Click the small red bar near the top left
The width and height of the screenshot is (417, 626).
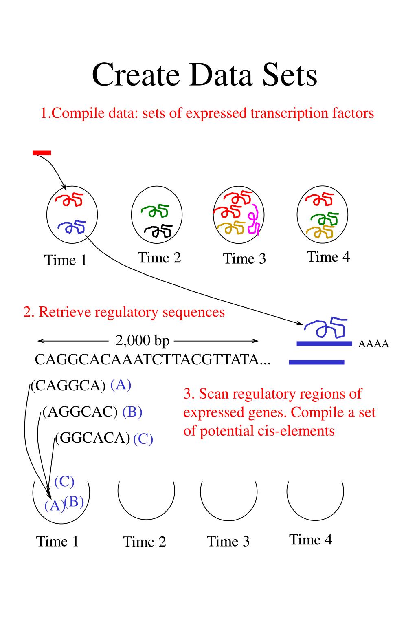pyautogui.click(x=42, y=153)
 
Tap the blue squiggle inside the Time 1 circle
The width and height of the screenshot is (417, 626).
pyautogui.click(x=72, y=226)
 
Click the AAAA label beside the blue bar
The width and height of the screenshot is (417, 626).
pyautogui.click(x=373, y=344)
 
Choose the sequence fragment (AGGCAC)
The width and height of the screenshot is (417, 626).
pyautogui.click(x=80, y=412)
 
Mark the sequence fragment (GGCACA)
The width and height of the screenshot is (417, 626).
pyautogui.click(x=92, y=438)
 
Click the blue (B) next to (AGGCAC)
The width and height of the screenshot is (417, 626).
pyautogui.click(x=132, y=412)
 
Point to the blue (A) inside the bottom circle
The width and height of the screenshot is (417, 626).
pyautogui.click(x=55, y=505)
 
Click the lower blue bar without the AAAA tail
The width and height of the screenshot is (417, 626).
pyautogui.click(x=316, y=362)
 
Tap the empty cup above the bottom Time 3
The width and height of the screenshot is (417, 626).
pyautogui.click(x=228, y=499)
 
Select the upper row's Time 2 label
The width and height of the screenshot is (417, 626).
pyautogui.click(x=159, y=258)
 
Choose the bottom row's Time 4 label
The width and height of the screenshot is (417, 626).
pyautogui.click(x=311, y=540)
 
